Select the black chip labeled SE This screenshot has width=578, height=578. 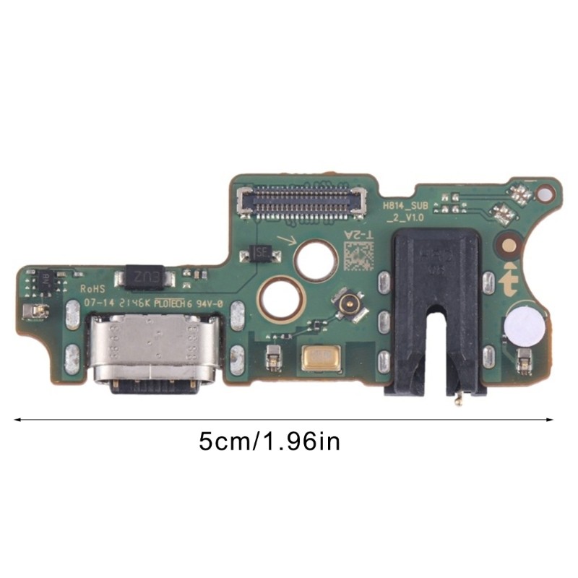coord(260,253)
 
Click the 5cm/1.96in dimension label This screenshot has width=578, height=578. coord(269,441)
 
